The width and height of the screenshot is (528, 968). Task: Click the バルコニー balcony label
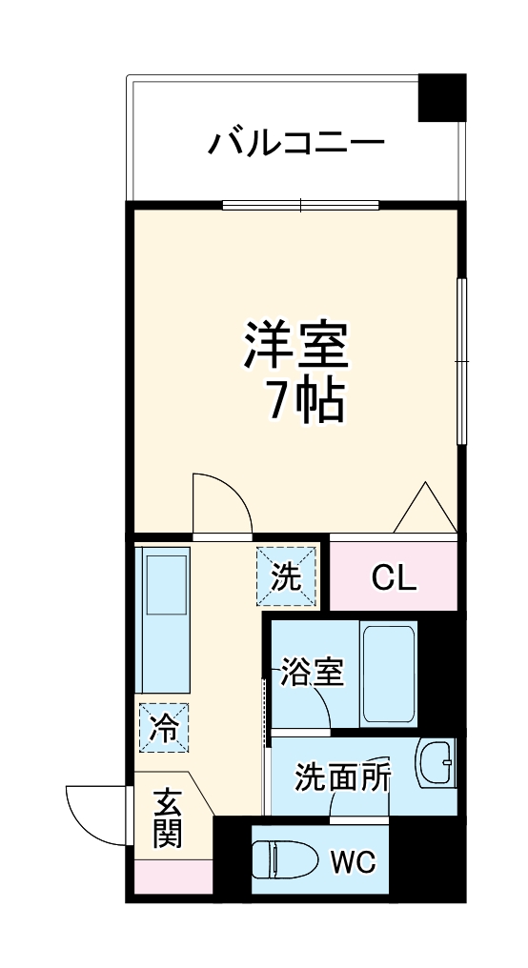296,145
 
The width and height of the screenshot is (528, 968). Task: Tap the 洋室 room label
296,349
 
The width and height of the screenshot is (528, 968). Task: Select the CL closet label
393,576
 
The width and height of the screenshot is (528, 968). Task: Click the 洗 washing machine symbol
286,576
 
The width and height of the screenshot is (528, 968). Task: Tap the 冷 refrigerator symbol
163,728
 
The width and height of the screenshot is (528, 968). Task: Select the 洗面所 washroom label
342,777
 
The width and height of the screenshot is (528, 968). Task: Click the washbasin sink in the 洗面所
438,764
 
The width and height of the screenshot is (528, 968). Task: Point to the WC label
355,862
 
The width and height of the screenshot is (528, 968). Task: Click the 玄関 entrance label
167,818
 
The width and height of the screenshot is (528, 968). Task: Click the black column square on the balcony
442,96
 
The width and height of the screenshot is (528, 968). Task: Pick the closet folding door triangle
425,510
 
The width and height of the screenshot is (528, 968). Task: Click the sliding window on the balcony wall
300,205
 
